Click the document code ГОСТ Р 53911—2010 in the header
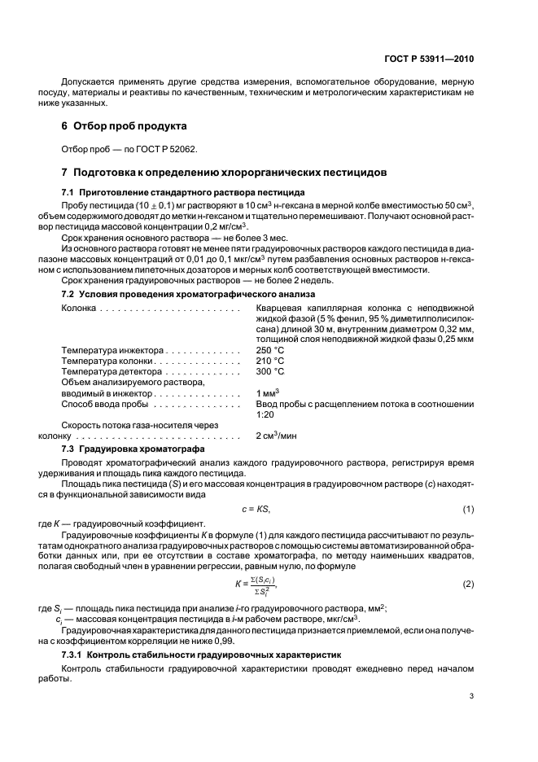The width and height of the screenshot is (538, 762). click(431, 59)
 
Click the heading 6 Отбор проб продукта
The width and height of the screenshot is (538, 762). click(125, 126)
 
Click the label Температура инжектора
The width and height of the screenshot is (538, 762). click(105, 349)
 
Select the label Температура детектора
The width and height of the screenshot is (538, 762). click(105, 371)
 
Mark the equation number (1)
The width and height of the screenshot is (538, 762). click(468, 509)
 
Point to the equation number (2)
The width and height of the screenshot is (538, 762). click(468, 583)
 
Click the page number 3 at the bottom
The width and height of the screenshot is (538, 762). click(471, 695)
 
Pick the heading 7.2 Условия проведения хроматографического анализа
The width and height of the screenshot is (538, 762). click(188, 293)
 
